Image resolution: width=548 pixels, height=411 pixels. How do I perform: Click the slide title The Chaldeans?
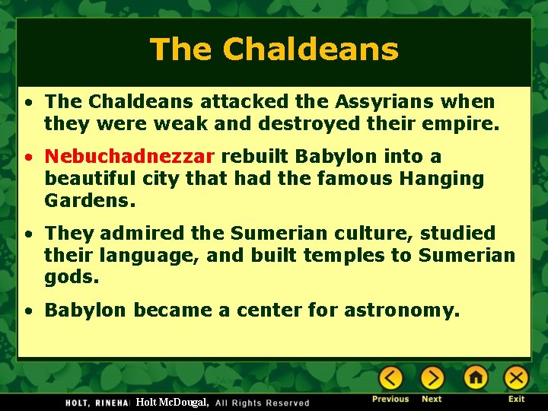coord(274,50)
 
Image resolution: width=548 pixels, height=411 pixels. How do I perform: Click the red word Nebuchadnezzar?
coord(129,157)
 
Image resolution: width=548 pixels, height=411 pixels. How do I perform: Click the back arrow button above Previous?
coord(390,378)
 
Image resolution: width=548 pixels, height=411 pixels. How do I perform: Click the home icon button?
coord(476,378)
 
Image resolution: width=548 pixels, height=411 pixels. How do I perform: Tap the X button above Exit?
coord(516,378)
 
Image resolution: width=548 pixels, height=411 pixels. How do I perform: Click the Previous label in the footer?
coord(390,399)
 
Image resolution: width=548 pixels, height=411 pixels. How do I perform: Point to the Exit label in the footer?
coord(517,399)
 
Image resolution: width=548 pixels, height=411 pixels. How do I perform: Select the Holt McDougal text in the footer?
coord(172,402)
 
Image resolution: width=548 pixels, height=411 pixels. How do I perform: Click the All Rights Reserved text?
coord(263,403)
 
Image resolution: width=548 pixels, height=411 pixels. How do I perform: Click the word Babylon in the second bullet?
coord(331,157)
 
